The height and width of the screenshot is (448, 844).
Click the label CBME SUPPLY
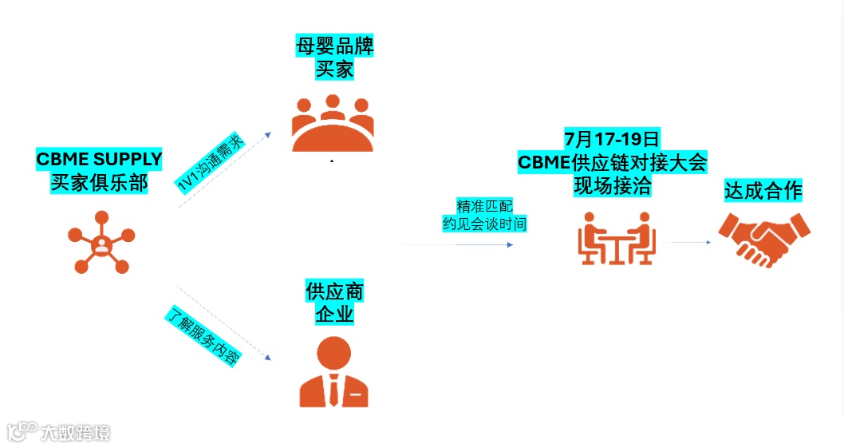click(x=99, y=159)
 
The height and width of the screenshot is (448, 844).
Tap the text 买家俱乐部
click(x=99, y=182)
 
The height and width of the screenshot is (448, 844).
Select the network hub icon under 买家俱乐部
click(x=100, y=241)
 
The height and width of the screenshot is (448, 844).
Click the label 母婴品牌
click(x=334, y=46)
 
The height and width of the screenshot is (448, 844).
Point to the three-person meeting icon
click(x=333, y=123)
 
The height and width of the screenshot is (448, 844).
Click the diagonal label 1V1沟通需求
click(x=210, y=163)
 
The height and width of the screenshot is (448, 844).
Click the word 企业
click(x=334, y=314)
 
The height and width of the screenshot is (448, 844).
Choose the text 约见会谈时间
click(x=484, y=224)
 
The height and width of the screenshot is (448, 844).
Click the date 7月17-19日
click(x=612, y=138)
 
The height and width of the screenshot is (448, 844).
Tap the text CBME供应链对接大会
click(x=612, y=163)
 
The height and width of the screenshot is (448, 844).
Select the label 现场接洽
click(x=612, y=187)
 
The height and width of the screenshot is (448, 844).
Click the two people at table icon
click(x=615, y=238)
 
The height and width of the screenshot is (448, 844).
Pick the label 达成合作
click(x=763, y=191)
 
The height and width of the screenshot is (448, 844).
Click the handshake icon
click(x=763, y=239)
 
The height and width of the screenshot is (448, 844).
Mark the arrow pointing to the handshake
click(x=691, y=241)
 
